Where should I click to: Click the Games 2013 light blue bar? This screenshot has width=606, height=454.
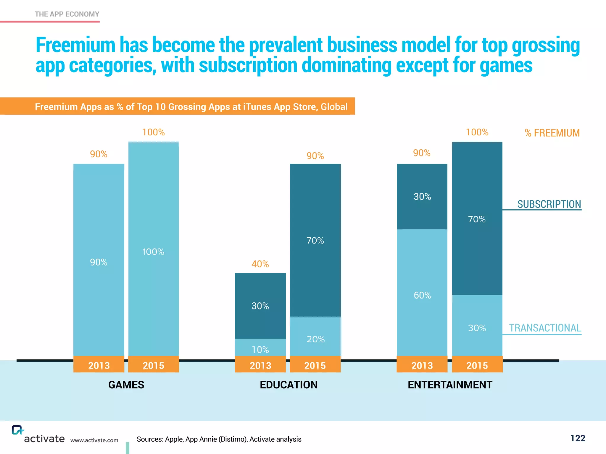pos(99,260)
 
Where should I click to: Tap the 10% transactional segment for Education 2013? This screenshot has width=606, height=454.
pos(260,348)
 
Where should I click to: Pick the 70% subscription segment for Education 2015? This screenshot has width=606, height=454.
pos(315,240)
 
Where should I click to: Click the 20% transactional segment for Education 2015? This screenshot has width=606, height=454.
pos(315,337)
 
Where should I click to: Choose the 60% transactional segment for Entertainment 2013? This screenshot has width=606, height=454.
pos(422,293)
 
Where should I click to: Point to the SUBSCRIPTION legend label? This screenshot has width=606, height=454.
pos(549,204)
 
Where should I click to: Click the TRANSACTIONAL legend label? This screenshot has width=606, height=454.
pos(545,328)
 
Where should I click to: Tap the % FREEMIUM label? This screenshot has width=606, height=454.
pos(552,133)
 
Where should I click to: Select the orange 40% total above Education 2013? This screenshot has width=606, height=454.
pos(260,264)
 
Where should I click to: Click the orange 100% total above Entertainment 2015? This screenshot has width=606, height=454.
pos(477,132)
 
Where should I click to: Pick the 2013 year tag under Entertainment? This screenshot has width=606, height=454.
pos(422,365)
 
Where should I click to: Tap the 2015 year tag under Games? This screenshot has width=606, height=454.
pos(153,365)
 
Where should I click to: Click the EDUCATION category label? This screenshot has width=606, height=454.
pos(289,385)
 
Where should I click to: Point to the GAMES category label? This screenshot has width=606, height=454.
pos(126,385)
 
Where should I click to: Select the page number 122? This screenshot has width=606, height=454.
pos(578,438)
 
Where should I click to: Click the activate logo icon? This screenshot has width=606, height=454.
pos(17,430)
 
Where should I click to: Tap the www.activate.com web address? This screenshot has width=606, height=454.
pos(94,440)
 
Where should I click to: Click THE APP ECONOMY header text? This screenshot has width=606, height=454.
pos(67,14)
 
